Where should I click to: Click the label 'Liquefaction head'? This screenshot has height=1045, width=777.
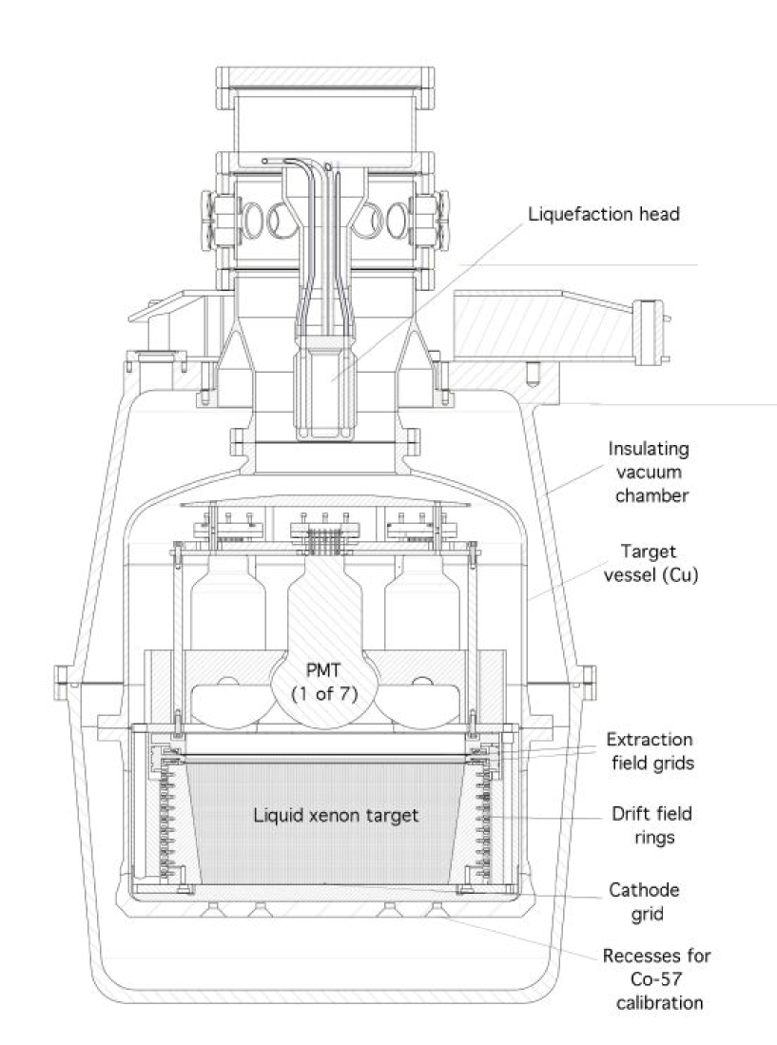pos(604,214)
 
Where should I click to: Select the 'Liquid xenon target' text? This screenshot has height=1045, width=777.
pos(322,814)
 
